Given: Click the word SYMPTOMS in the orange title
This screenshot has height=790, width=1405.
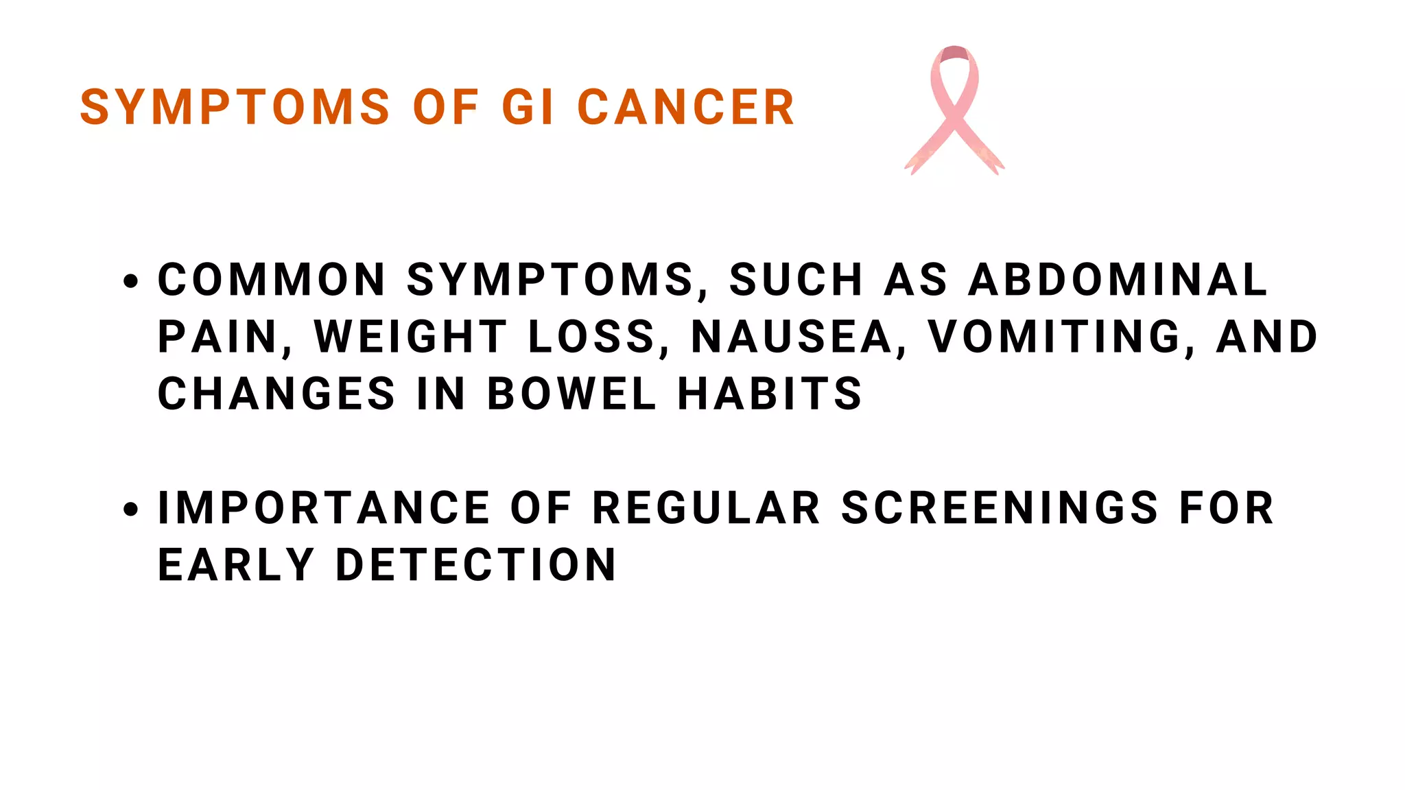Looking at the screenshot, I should pos(235,108).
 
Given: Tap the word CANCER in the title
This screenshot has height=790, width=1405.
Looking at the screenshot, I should pos(685,108).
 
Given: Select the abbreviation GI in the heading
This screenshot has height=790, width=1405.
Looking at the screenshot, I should pos(528,108).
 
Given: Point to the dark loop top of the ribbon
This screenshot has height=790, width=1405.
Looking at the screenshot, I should pos(954,53).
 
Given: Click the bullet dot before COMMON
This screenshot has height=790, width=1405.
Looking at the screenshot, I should pos(130,280).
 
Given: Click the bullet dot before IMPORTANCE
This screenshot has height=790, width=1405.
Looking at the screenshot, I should pos(130,509).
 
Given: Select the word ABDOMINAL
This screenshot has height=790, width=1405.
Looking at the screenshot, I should pos(1118,280).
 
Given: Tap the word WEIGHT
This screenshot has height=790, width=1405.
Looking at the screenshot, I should pos(410,337).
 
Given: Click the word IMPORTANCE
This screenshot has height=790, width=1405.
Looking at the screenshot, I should pos(324,508).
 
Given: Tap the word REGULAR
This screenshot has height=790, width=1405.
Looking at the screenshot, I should pos(706,508).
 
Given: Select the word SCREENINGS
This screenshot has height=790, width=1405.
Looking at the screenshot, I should pos(1000,508).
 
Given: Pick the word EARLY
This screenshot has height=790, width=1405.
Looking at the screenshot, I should pos(236,565).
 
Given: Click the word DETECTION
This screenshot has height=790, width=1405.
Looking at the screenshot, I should pos(475,565).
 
